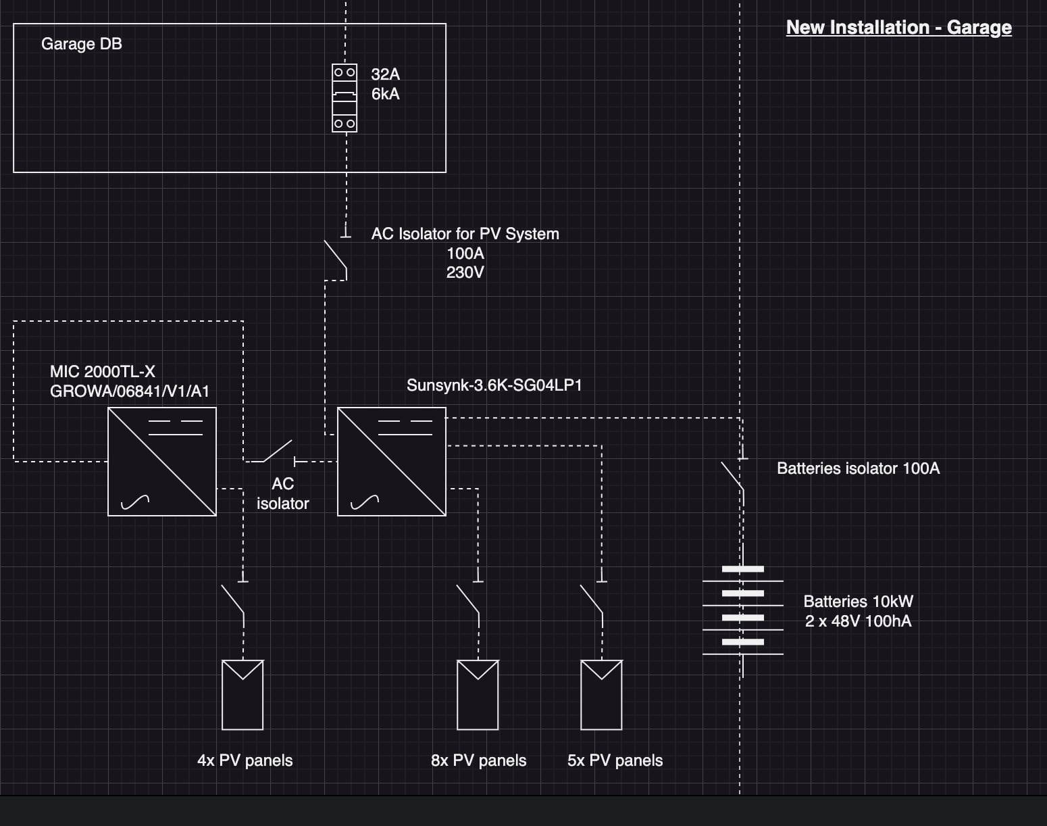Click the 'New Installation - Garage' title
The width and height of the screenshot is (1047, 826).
[898, 28]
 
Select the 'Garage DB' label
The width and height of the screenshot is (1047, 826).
[81, 44]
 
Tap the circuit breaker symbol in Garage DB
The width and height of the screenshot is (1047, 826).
[344, 98]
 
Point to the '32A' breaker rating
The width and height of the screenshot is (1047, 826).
[385, 74]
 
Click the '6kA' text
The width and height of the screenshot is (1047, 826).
[385, 94]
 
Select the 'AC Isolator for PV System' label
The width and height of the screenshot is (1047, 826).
[465, 234]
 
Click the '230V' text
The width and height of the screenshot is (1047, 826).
[465, 272]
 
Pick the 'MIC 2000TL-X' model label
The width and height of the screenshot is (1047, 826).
[103, 372]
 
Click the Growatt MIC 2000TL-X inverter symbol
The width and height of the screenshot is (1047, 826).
[162, 462]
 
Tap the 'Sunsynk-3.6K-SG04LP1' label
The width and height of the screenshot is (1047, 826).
[494, 385]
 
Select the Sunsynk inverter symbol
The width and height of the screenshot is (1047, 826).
[392, 462]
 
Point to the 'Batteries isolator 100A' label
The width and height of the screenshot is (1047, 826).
[858, 468]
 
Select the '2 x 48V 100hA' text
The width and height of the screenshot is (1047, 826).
[858, 621]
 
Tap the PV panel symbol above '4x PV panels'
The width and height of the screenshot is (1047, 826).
[242, 695]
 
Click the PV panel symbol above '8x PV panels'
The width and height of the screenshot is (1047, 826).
[478, 695]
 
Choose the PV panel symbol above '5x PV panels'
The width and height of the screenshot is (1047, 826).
[601, 695]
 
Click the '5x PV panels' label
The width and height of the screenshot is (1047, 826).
[615, 760]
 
